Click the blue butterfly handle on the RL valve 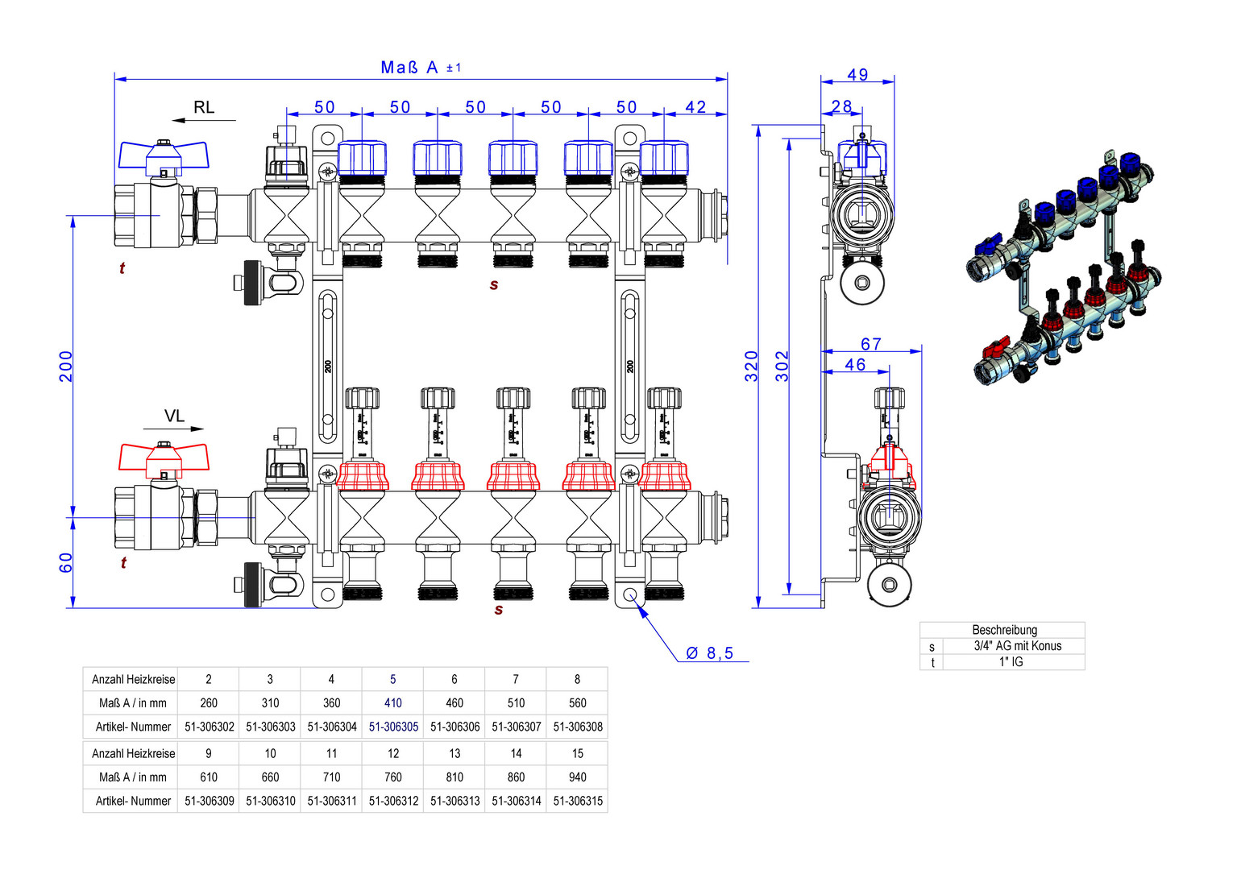164,155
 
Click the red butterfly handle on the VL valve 164,457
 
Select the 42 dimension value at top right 695,107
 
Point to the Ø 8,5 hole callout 710,653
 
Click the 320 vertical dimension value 751,366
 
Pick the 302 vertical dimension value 782,366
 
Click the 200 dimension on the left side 65,366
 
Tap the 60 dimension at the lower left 65,562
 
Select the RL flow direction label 204,107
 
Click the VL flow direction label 174,416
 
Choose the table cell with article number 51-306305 393,727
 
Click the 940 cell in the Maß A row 577,777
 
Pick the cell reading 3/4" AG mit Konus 1017,646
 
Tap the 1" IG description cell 1011,662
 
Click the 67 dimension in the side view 871,344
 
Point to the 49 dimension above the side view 857,75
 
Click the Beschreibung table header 1004,630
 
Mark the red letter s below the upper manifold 494,284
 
